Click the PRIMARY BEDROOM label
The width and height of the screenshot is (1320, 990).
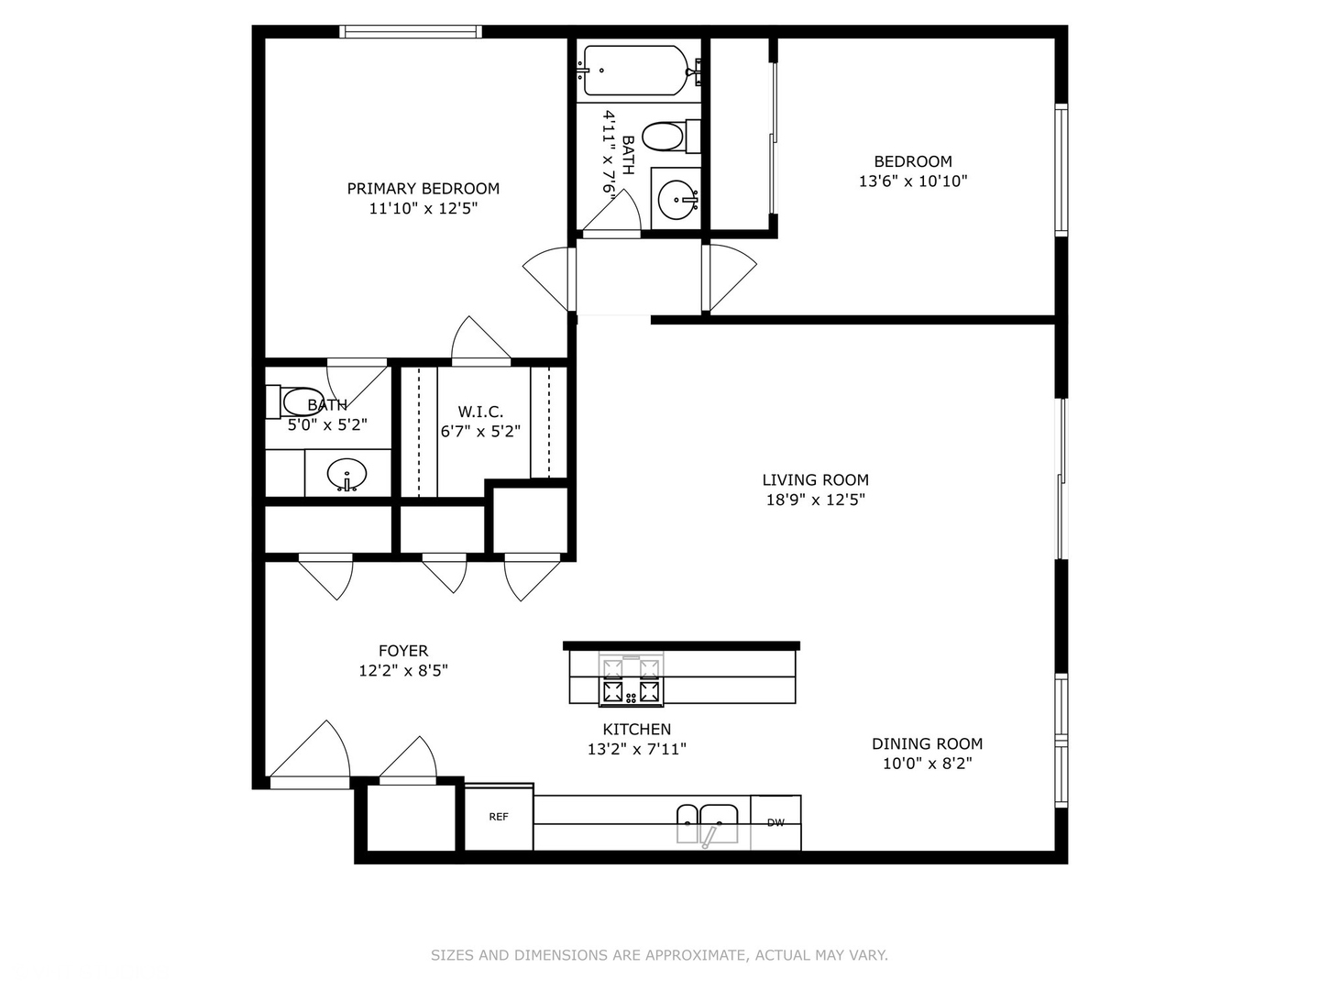click(423, 189)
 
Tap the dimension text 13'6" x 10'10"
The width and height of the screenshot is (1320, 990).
click(912, 181)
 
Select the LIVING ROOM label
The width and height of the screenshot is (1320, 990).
click(815, 479)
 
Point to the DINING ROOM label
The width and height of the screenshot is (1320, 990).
click(927, 743)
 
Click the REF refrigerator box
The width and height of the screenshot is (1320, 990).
click(499, 817)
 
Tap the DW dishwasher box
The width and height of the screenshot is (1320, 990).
click(775, 822)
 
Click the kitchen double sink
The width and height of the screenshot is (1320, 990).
click(707, 822)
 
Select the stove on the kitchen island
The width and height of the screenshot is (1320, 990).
click(631, 680)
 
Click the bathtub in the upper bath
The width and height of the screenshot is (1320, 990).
click(634, 71)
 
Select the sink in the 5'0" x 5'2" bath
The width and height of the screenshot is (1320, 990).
click(347, 475)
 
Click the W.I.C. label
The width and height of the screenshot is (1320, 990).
click(480, 412)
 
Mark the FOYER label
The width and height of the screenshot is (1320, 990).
click(402, 651)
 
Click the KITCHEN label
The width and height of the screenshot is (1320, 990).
click(636, 729)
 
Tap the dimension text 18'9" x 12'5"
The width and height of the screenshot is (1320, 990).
click(815, 500)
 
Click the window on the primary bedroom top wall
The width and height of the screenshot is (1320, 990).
click(411, 32)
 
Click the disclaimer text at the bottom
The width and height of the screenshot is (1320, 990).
click(659, 955)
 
